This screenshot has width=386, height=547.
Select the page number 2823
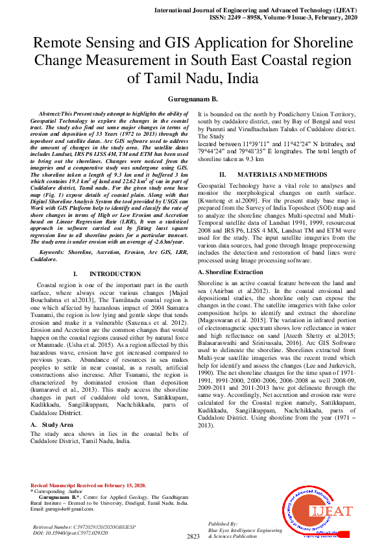193,537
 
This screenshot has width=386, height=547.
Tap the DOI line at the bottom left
70,532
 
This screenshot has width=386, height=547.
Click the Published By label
240,523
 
